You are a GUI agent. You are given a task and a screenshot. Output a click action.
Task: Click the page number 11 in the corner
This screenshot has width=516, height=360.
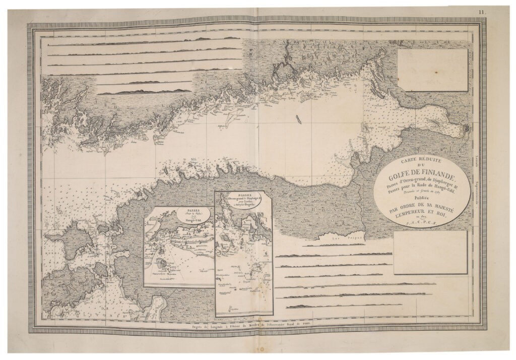tap(482, 12)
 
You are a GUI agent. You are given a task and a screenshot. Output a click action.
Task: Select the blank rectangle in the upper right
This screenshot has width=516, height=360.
tap(432, 70)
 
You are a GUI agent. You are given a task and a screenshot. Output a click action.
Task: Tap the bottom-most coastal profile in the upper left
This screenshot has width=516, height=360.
tap(144, 92)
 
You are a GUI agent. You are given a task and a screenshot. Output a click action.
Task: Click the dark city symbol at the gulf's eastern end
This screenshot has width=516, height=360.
tap(467, 129)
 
